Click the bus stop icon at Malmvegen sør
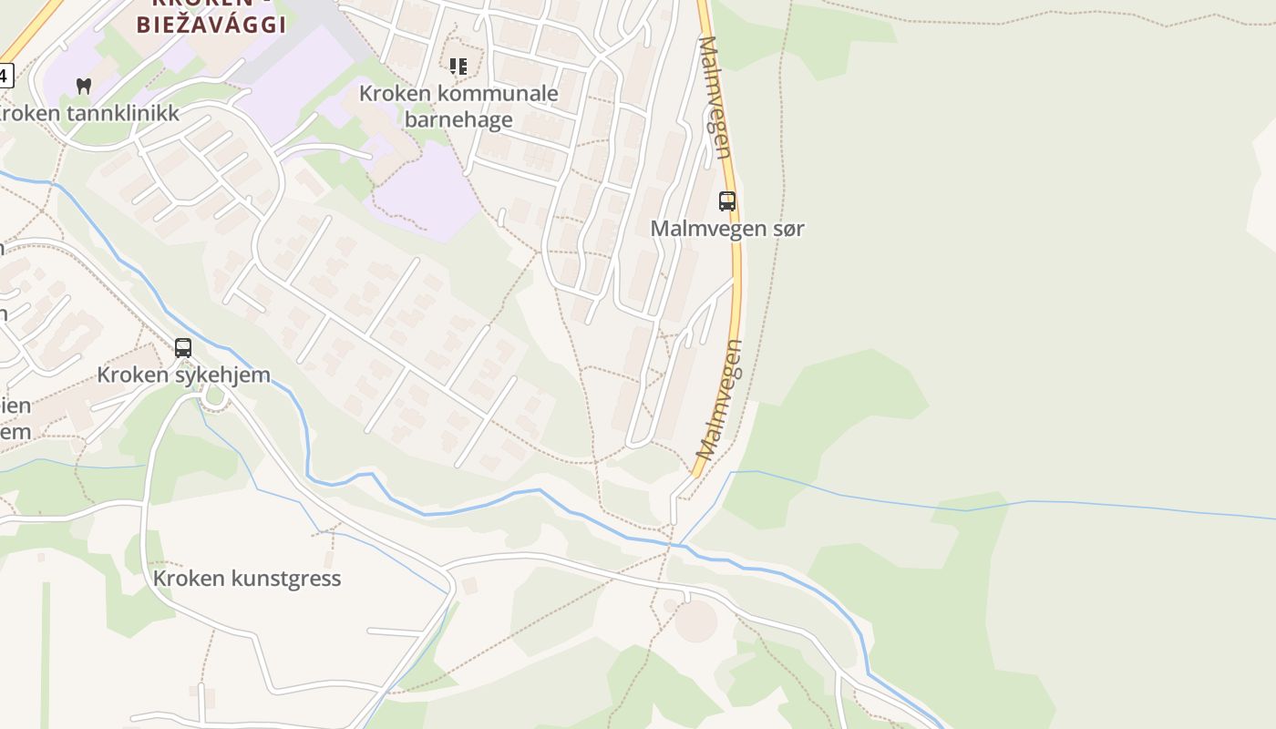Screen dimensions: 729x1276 (727, 201)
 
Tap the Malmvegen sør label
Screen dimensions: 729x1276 (727, 229)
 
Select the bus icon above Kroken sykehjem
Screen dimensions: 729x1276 (183, 347)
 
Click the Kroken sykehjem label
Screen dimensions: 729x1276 (183, 375)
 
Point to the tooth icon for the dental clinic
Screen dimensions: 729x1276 (84, 87)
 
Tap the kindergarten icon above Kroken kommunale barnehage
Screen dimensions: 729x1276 (458, 66)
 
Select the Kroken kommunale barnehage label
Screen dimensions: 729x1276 (458, 106)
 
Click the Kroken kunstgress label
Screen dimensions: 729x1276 (247, 579)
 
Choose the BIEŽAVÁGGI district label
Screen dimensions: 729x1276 (211, 24)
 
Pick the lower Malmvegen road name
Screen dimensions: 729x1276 (720, 399)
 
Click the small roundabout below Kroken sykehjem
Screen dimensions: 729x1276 (215, 395)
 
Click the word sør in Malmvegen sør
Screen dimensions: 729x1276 (786, 229)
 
